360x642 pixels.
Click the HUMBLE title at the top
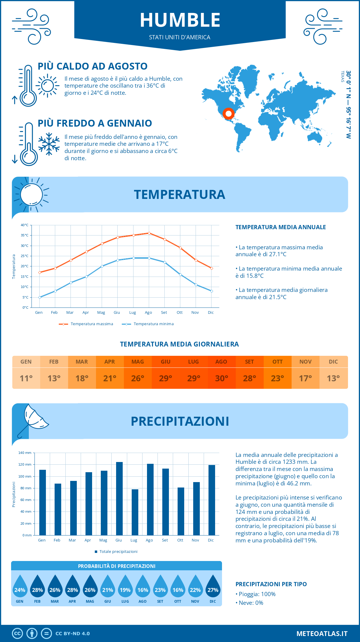pos(180,20)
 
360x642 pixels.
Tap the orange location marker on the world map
pos(228,114)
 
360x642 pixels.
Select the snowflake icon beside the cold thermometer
pos(49,144)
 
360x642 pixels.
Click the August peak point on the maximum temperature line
pos(149,233)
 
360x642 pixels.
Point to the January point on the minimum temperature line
pos(40,297)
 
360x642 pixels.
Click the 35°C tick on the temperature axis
pos(25,235)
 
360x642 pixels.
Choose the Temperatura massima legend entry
pos(86,324)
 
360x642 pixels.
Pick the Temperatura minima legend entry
pos(148,324)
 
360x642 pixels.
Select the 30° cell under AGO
pos(221,378)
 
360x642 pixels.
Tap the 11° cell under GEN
pos(26,378)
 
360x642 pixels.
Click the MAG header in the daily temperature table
pos(138,362)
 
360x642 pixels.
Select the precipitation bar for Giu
pos(119,498)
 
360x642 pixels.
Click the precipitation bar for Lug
pos(135,512)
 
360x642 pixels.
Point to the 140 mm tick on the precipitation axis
pos(25,453)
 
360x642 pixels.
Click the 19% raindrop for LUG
pos(125,588)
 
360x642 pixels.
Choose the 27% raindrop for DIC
pos(213,588)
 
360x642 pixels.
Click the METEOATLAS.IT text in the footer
pos(322,633)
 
